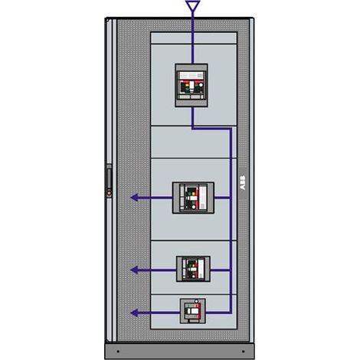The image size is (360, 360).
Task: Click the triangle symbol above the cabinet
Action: (192, 5)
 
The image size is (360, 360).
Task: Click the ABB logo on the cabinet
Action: (243, 183)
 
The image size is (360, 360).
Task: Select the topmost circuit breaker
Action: (191, 85)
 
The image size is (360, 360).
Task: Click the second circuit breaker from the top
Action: (193, 198)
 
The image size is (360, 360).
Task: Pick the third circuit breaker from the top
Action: (194, 269)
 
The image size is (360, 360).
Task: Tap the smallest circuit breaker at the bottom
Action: (193, 311)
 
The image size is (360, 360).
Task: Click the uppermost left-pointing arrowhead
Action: (135, 198)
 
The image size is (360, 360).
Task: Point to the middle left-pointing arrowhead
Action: (135, 270)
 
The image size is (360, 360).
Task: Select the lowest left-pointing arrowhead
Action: (135, 313)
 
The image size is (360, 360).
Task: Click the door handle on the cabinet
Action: (109, 177)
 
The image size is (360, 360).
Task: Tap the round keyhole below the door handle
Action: (109, 192)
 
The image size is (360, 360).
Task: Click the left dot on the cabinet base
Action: (118, 352)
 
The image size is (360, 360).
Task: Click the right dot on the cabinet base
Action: (243, 352)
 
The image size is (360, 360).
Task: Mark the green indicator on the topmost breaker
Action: (187, 90)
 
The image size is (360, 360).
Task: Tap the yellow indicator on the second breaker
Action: (193, 194)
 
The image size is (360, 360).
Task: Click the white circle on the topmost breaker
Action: (201, 85)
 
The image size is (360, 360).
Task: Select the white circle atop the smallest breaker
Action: (197, 301)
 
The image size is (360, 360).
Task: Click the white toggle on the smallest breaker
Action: (193, 311)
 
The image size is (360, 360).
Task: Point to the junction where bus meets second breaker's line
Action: (231, 198)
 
